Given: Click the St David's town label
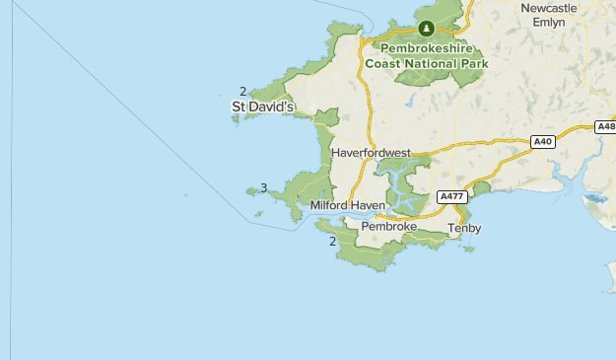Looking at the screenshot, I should click(x=263, y=107).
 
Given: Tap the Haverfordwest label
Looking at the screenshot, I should click(x=371, y=154).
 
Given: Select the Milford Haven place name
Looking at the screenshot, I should click(x=348, y=205).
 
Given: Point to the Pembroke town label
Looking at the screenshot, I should click(x=389, y=227).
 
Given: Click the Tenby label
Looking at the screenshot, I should click(x=464, y=228).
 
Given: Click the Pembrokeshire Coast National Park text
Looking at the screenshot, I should click(x=427, y=55).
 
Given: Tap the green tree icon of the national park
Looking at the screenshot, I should click(x=426, y=29).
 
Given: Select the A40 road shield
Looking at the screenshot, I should click(x=543, y=142).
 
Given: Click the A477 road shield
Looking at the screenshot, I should click(x=451, y=196).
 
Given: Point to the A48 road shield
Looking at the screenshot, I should click(x=606, y=126).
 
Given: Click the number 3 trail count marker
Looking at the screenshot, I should click(x=264, y=188).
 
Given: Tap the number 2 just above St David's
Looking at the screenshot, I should click(x=243, y=92).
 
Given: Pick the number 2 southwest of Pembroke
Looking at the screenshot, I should click(x=333, y=241).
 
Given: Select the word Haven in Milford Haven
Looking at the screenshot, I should click(x=368, y=205).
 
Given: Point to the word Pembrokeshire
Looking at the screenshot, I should click(x=427, y=47).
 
